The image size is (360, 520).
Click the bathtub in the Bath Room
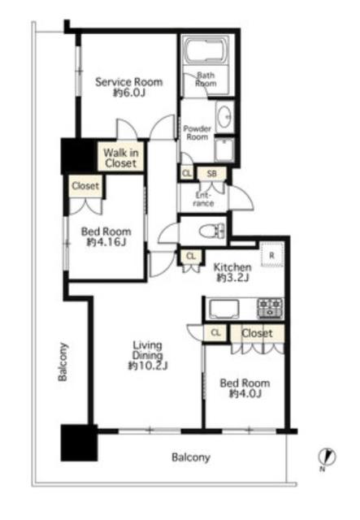pos(206,50)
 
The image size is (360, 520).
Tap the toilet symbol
pos(212,231)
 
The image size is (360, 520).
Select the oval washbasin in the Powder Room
pos(225,116)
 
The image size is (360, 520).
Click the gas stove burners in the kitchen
pos(270,308)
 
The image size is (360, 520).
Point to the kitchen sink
pos(224,309)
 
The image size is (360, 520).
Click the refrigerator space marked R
pos(271,254)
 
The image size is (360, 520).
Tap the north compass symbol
pos(327,458)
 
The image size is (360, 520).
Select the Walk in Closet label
pos(121,158)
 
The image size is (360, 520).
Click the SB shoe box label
pos(211,173)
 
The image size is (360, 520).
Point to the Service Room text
pos(129,82)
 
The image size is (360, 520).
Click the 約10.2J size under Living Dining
pos(148,366)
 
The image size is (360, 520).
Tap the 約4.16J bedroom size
pos(106,242)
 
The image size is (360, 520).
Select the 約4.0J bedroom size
pos(245,393)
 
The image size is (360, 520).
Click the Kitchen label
pos(232,267)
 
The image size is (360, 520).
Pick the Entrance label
pos(203,199)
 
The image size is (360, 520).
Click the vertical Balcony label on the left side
pos(63,362)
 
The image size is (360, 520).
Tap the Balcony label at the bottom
pos(191,457)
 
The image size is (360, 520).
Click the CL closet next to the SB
pos(187,173)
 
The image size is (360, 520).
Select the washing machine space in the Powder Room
pos(224,149)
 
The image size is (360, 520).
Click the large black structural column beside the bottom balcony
pos(80,443)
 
